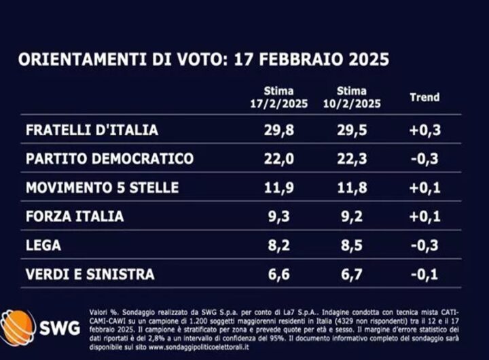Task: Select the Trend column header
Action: (424, 97)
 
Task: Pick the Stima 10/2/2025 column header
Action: (351, 97)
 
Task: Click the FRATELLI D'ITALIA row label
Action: (91, 130)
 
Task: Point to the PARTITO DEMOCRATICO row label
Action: (109, 159)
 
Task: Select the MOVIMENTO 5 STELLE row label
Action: (102, 187)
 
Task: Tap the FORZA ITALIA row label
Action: (75, 217)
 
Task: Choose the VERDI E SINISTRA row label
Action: (90, 274)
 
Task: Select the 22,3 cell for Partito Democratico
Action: (351, 159)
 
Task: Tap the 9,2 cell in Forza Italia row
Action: (351, 217)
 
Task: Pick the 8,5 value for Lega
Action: (351, 245)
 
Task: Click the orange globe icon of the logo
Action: (18, 327)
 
